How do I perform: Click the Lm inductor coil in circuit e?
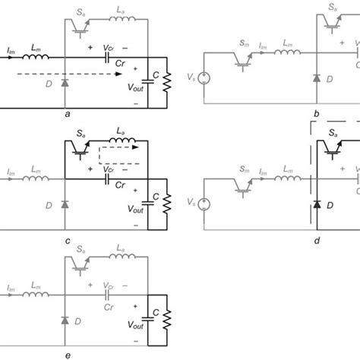36,295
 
